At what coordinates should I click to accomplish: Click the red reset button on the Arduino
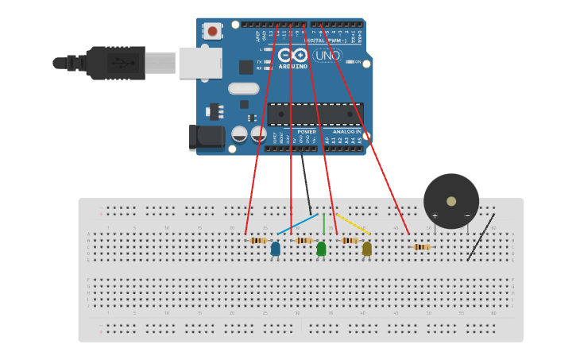point(212,31)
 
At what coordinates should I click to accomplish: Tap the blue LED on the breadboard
point(276,249)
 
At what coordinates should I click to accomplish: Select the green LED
point(321,249)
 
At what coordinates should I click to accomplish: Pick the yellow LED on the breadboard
point(366,249)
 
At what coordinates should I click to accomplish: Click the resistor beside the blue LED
point(259,240)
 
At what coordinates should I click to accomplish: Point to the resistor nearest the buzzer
point(422,246)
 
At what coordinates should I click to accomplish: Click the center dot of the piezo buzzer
point(451,201)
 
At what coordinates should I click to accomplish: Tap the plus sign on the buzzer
point(435,215)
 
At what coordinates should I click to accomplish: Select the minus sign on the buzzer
point(467,215)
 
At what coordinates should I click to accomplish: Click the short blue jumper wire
point(298,223)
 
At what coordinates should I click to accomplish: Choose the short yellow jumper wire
point(354,223)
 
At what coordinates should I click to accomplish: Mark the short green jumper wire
point(323,225)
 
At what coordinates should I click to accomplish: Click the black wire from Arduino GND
point(305,183)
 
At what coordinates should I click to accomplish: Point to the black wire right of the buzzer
point(481,237)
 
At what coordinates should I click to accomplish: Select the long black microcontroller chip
point(315,114)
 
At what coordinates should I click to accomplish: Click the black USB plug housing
point(116,63)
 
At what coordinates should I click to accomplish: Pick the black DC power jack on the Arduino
point(206,137)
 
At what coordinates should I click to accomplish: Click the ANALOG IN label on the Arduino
point(346,131)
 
